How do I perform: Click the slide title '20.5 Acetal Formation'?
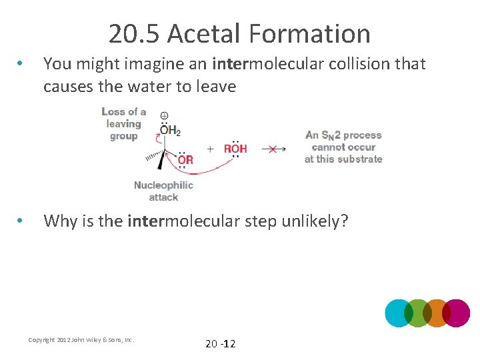(x=239, y=33)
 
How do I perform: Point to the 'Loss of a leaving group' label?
(x=124, y=124)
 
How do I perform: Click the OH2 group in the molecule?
(x=170, y=131)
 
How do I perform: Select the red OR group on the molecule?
(x=185, y=160)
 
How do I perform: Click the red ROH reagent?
(x=235, y=149)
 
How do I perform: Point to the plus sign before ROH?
(x=210, y=149)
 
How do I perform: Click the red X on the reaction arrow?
(x=272, y=149)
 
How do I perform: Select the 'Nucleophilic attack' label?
(x=163, y=191)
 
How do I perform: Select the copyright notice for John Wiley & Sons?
(x=81, y=340)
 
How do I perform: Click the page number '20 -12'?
(x=220, y=343)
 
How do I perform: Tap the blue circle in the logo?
(x=399, y=313)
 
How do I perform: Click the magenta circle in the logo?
(x=456, y=313)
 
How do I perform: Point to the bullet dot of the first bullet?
(x=22, y=65)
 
